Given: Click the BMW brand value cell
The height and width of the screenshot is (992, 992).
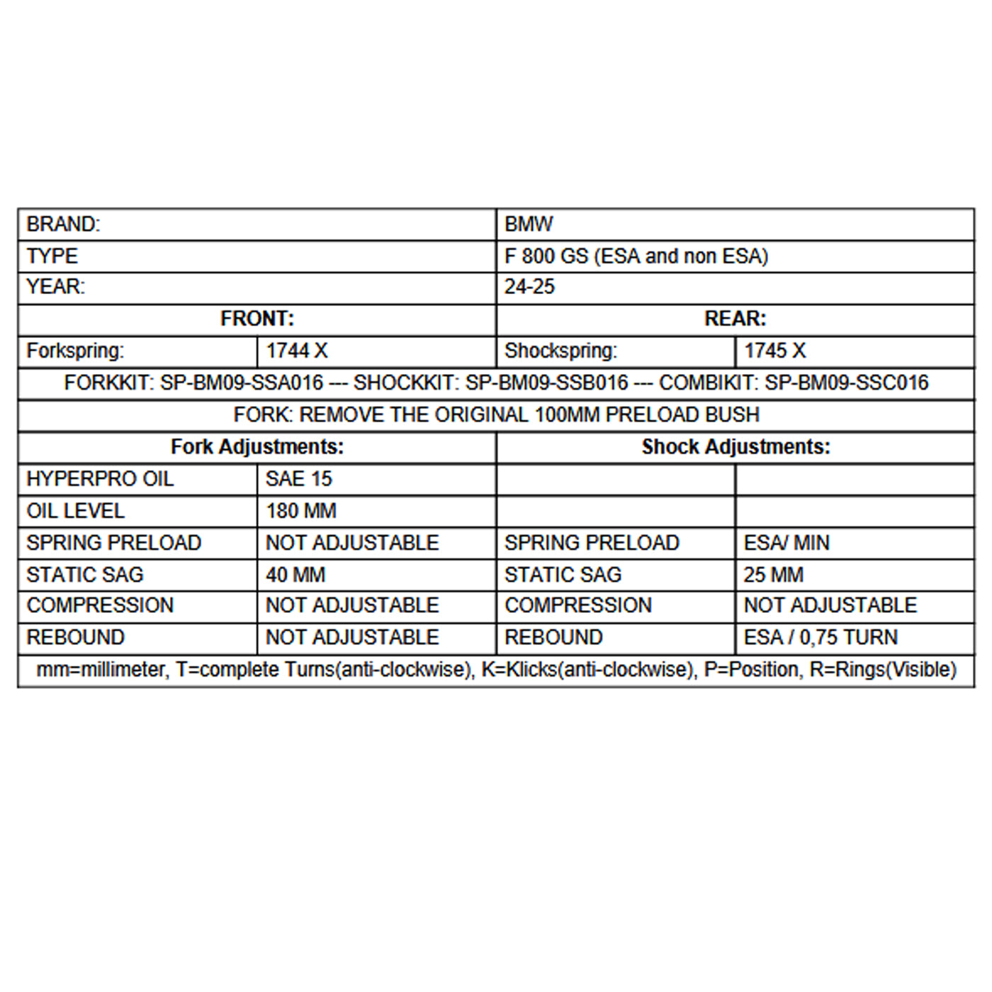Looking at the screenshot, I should click(529, 225).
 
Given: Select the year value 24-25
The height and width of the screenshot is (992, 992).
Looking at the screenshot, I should click(529, 287).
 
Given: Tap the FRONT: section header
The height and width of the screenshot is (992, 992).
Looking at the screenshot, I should click(257, 319).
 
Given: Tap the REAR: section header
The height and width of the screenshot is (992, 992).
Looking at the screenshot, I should click(735, 319).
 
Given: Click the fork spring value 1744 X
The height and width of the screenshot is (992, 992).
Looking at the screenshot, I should click(296, 351).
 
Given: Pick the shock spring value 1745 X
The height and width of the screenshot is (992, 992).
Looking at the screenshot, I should click(774, 351).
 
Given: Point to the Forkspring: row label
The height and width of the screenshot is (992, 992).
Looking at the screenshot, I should click(75, 351).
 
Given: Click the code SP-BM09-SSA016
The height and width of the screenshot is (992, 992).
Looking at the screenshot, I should click(241, 383).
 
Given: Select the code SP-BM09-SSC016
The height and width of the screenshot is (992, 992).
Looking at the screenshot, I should click(846, 383).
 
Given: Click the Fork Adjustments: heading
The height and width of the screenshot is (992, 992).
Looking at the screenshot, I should click(257, 447).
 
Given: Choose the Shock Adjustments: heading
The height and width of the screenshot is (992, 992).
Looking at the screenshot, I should click(735, 447).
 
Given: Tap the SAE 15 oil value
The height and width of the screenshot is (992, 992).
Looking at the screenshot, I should click(298, 479).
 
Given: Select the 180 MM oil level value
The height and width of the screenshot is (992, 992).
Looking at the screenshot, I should click(300, 511).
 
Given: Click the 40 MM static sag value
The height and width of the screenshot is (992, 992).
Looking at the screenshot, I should click(295, 575).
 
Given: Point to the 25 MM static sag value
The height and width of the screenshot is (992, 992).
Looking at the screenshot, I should click(773, 575).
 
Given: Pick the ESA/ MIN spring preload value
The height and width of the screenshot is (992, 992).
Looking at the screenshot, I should click(786, 543).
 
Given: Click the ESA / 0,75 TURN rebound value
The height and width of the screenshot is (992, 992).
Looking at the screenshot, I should click(820, 638).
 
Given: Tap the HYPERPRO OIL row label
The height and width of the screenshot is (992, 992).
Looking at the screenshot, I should click(100, 479).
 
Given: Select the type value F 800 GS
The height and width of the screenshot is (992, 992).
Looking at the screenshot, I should click(546, 257).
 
